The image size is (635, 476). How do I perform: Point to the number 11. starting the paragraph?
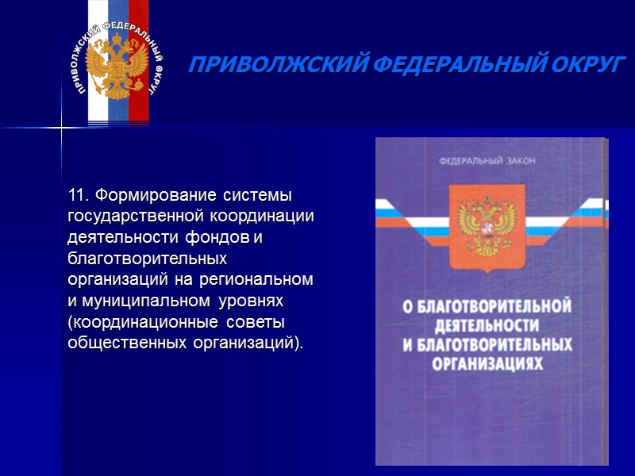[x=77, y=195]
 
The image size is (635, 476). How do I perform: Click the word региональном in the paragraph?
[x=264, y=281]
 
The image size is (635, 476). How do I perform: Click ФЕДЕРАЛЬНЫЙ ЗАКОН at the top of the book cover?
[x=487, y=162]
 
